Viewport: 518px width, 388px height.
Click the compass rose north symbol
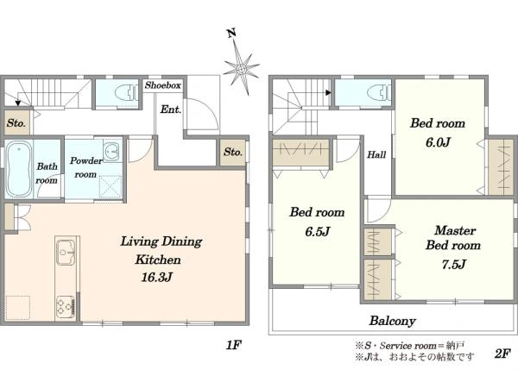(241, 67)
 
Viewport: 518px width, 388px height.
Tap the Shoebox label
(163, 85)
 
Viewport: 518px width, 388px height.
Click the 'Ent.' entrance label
(171, 110)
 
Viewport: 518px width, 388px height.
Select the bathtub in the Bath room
(19, 169)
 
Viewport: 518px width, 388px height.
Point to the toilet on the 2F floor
(379, 93)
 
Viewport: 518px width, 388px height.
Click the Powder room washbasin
(112, 152)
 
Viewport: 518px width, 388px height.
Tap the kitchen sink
(66, 253)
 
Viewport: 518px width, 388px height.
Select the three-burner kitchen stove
(65, 306)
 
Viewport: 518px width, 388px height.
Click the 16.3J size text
(156, 277)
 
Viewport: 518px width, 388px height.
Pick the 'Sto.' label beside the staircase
(16, 123)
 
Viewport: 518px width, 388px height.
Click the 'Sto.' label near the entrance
(233, 152)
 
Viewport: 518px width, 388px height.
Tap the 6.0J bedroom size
(438, 142)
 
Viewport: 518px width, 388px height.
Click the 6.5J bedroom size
(317, 232)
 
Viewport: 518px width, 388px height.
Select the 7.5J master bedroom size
(454, 265)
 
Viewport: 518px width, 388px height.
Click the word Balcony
(393, 321)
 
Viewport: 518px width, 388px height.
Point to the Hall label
(376, 154)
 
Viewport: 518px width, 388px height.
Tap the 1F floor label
(234, 345)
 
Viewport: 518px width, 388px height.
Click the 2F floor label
(502, 354)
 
